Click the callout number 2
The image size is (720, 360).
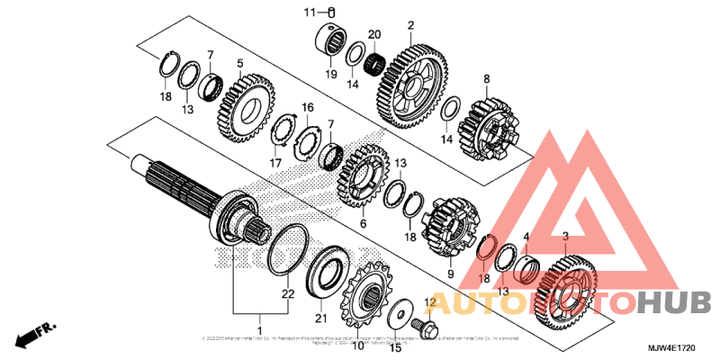(x=410, y=25)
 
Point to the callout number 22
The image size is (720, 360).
(x=287, y=294)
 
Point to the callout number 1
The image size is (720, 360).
(x=261, y=319)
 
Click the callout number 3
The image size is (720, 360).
(x=565, y=237)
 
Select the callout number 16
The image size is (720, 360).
(x=307, y=108)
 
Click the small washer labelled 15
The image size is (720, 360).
(x=393, y=318)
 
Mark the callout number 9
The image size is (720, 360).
(x=450, y=274)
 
